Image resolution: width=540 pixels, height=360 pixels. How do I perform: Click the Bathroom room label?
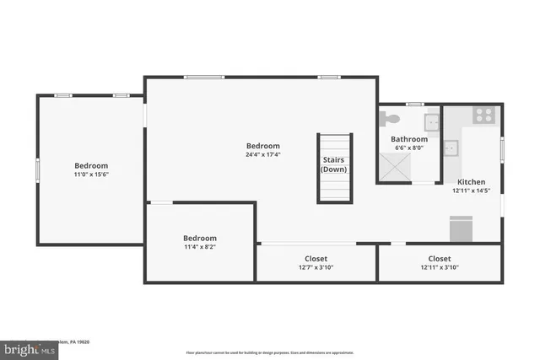click(409, 139)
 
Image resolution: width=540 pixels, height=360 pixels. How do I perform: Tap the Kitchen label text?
click(471, 182)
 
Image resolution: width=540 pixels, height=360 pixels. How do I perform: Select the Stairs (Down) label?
click(333, 164)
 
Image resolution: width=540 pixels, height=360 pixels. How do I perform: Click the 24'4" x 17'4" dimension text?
click(262, 155)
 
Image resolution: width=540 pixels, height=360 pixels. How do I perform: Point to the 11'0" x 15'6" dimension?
click(91, 175)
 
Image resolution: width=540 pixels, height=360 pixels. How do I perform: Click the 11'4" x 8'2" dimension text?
click(200, 248)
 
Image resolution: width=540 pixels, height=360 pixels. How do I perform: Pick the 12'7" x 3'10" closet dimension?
click(316, 268)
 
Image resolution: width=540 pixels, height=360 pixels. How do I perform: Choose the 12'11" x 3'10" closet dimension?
click(439, 268)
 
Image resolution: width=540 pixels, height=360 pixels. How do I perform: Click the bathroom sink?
click(432, 122)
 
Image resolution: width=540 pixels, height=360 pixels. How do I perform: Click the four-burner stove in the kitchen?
click(484, 115)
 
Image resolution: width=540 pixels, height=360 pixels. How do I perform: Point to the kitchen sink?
click(451, 148)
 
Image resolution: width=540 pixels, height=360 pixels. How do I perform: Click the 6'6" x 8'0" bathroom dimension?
click(409, 149)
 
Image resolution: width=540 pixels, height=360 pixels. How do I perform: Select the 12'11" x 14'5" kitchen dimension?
click(471, 191)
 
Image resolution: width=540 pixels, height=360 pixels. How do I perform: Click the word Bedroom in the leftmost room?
click(91, 165)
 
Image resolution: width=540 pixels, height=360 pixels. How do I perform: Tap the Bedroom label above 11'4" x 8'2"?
click(200, 239)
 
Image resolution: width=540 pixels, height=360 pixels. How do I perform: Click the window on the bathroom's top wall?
click(413, 104)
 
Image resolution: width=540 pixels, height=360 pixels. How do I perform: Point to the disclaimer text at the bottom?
click(269, 352)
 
